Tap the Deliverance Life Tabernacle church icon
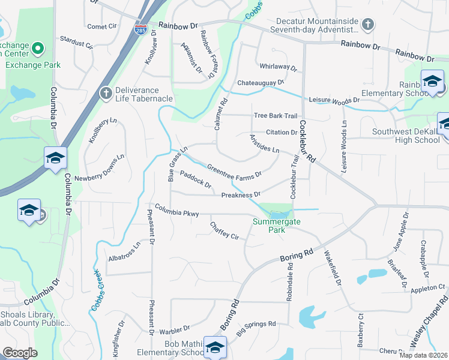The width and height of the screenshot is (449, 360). coord(106,92)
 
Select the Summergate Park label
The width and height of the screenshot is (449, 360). coord(276,226)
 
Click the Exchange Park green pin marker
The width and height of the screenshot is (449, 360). coord(37,48)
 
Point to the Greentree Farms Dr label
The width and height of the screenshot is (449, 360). coord(234,171)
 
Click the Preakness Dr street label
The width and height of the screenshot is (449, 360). coord(240,195)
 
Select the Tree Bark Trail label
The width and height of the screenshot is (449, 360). coord(276,116)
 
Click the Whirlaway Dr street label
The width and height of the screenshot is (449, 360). coord(278,67)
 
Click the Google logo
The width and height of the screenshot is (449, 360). coord(20,353)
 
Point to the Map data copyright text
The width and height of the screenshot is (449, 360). coord(423,355)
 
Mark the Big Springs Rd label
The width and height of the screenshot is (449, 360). coord(256,327)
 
